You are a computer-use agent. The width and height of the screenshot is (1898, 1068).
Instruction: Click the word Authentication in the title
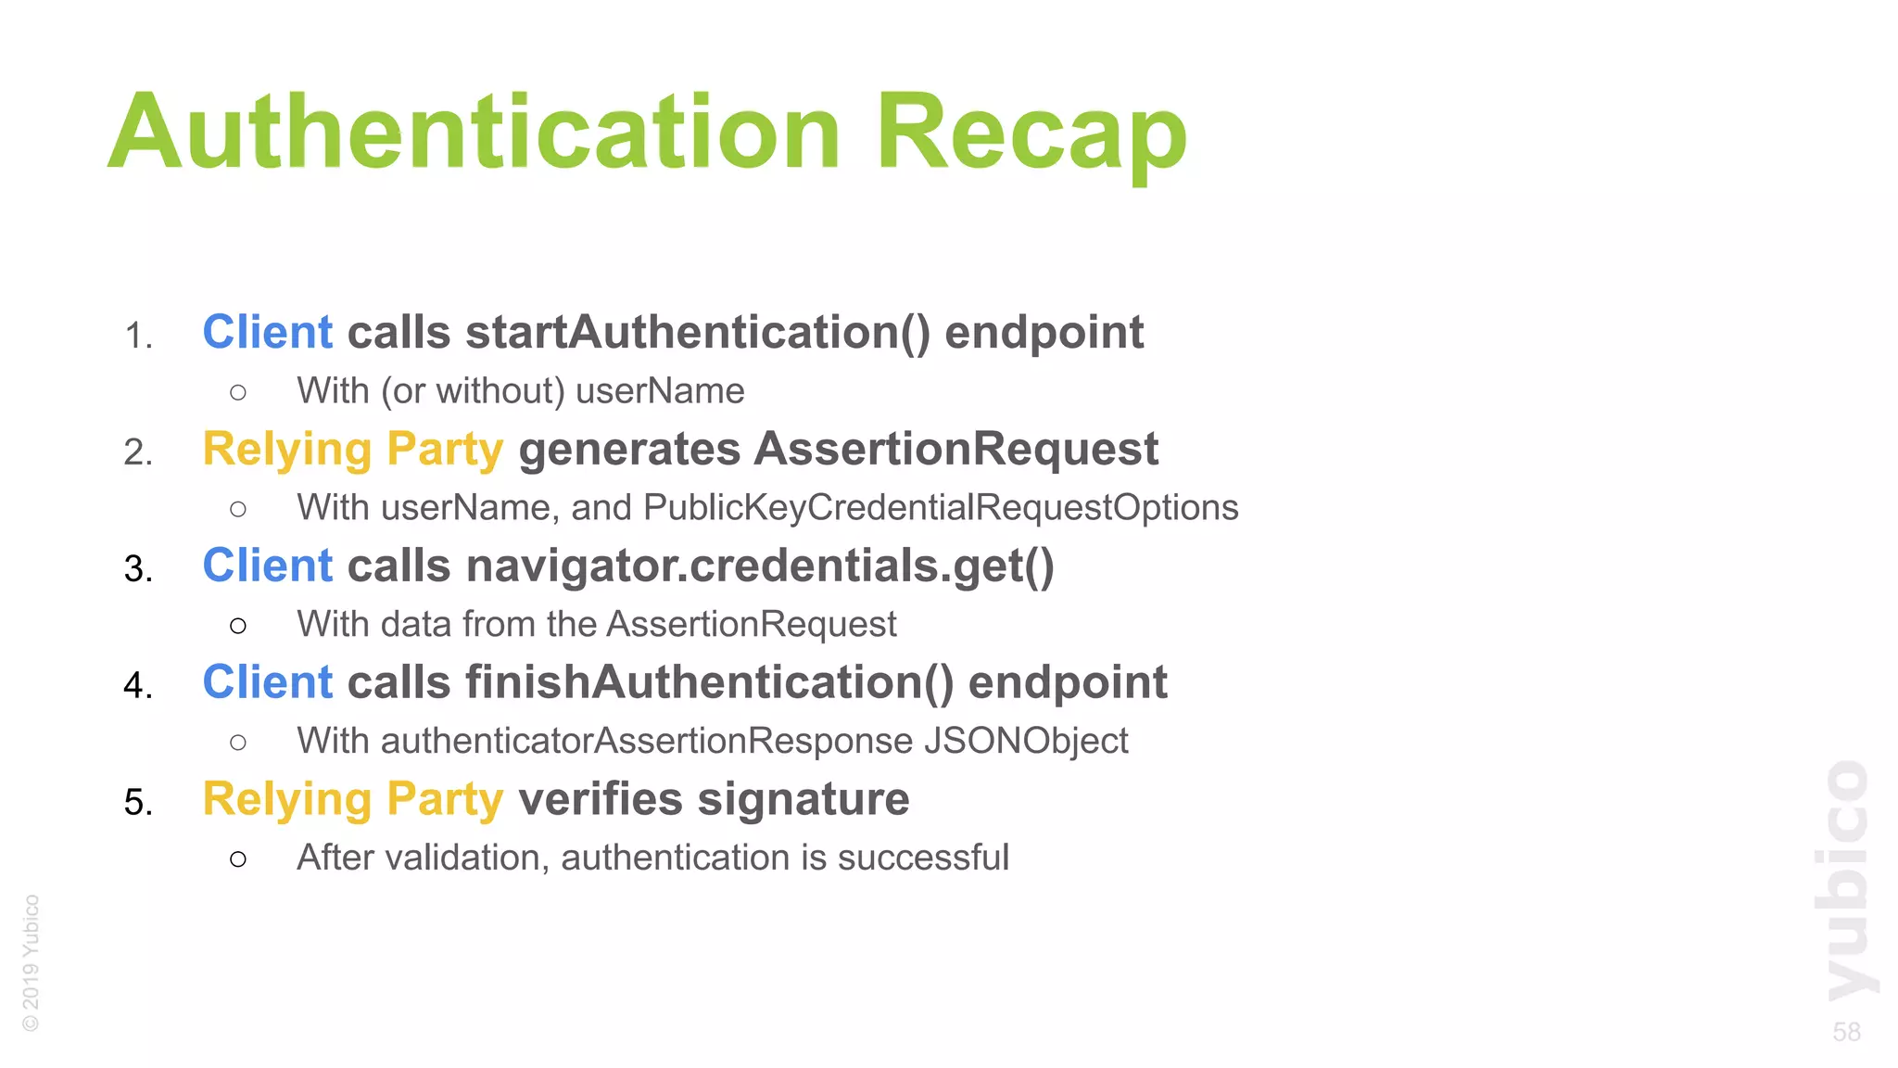tap(474, 132)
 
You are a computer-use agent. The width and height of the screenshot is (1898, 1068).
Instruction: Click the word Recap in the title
tap(1031, 132)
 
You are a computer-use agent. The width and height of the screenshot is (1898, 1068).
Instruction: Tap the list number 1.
tap(137, 336)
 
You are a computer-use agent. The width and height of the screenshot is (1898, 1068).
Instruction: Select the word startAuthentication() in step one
tap(697, 333)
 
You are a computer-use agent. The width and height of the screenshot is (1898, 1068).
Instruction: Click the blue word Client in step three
tap(267, 566)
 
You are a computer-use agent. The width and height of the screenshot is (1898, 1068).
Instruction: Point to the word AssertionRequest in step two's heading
tap(955, 450)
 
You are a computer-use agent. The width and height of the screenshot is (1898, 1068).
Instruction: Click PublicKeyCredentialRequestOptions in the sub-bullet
tap(940, 508)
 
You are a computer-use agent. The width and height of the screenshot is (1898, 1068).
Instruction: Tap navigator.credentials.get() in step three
tap(759, 566)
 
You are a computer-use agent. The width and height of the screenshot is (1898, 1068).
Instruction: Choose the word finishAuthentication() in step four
tap(709, 683)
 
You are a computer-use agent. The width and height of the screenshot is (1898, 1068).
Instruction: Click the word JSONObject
tap(1025, 742)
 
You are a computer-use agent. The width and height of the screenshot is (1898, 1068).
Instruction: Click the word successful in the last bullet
tap(922, 858)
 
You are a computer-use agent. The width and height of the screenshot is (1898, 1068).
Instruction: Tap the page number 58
tap(1846, 1032)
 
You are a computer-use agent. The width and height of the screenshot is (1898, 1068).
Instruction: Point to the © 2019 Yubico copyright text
tap(31, 961)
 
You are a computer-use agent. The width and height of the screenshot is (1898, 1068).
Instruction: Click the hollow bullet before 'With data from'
tap(238, 626)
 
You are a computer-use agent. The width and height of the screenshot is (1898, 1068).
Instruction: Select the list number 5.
tap(137, 802)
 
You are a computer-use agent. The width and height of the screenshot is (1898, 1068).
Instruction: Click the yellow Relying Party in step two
tap(352, 450)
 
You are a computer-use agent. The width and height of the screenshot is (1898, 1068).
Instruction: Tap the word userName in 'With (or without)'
tap(659, 391)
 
